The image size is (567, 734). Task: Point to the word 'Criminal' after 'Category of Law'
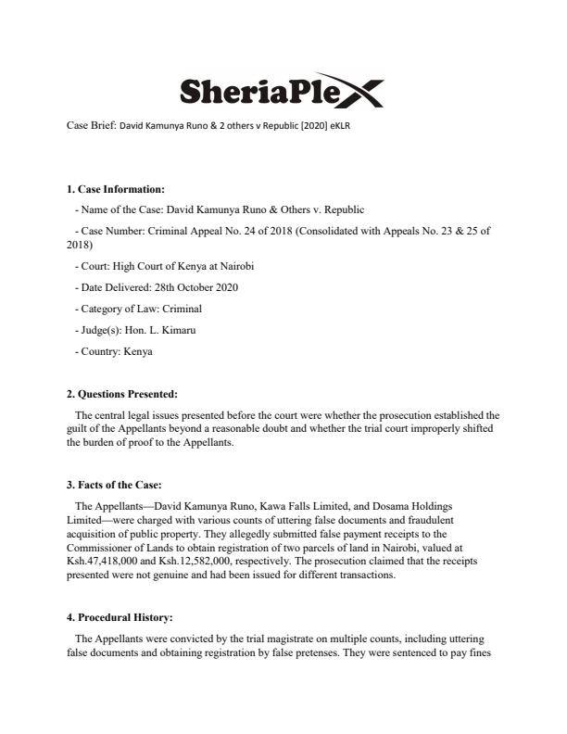point(183,309)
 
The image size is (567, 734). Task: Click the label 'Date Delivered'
point(106,287)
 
